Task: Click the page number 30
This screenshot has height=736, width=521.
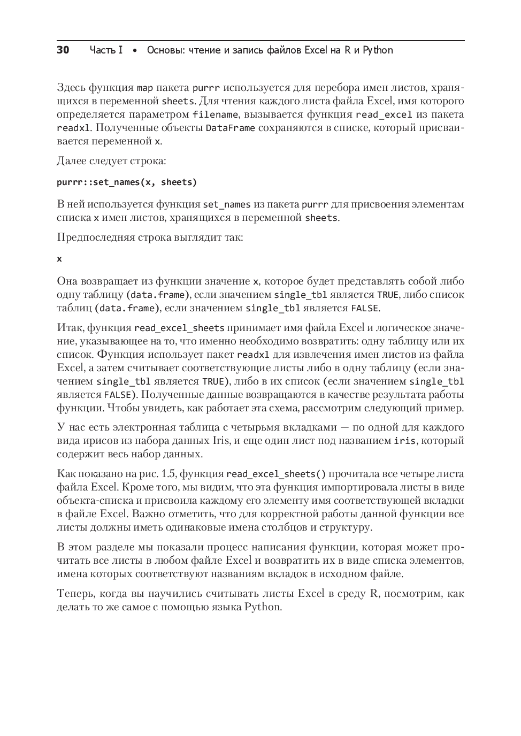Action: [63, 50]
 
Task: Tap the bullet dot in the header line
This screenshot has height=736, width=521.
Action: [135, 51]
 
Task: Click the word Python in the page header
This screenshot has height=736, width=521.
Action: [378, 50]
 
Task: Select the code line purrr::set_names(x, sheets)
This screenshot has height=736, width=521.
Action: [127, 182]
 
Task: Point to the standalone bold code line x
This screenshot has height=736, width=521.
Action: [59, 259]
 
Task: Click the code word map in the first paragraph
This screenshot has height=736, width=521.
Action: [144, 88]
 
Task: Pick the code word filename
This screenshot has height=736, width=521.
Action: [215, 115]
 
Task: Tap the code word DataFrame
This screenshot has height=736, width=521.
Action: [230, 128]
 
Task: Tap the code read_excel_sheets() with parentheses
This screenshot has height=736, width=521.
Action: [276, 474]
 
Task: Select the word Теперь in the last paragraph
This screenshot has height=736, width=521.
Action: [75, 594]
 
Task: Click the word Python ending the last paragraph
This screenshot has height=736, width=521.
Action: [263, 607]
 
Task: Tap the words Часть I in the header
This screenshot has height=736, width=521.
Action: [106, 50]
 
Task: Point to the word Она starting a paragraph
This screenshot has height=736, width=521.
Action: [68, 281]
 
